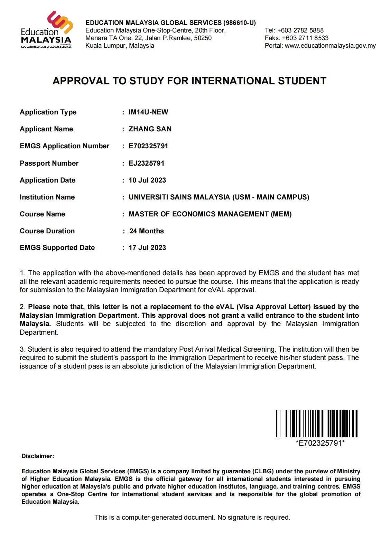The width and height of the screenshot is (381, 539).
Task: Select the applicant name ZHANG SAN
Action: click(150, 129)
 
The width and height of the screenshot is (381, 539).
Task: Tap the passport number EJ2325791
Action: click(147, 163)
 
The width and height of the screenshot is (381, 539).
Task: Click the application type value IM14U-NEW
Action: click(148, 112)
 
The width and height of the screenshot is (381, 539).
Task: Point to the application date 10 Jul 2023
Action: click(147, 180)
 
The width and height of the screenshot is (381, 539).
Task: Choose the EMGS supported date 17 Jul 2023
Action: click(147, 248)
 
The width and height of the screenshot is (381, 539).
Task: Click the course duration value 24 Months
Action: click(147, 231)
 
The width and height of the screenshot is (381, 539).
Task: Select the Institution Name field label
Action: click(47, 197)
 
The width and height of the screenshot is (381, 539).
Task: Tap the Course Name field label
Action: click(42, 214)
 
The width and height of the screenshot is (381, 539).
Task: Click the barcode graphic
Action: click(316, 424)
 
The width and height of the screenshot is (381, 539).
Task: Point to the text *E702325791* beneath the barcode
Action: click(320, 443)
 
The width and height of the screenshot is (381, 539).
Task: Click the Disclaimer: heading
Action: click(38, 456)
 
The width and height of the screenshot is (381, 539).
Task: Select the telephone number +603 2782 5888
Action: click(300, 30)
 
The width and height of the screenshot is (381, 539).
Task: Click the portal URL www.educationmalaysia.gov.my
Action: click(330, 46)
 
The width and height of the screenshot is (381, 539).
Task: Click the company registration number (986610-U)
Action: click(240, 23)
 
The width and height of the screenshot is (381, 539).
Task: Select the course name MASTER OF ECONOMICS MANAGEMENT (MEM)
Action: click(210, 214)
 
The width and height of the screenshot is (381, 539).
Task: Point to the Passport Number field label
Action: click(49, 163)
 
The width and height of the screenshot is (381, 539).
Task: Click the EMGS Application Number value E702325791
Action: click(148, 146)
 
